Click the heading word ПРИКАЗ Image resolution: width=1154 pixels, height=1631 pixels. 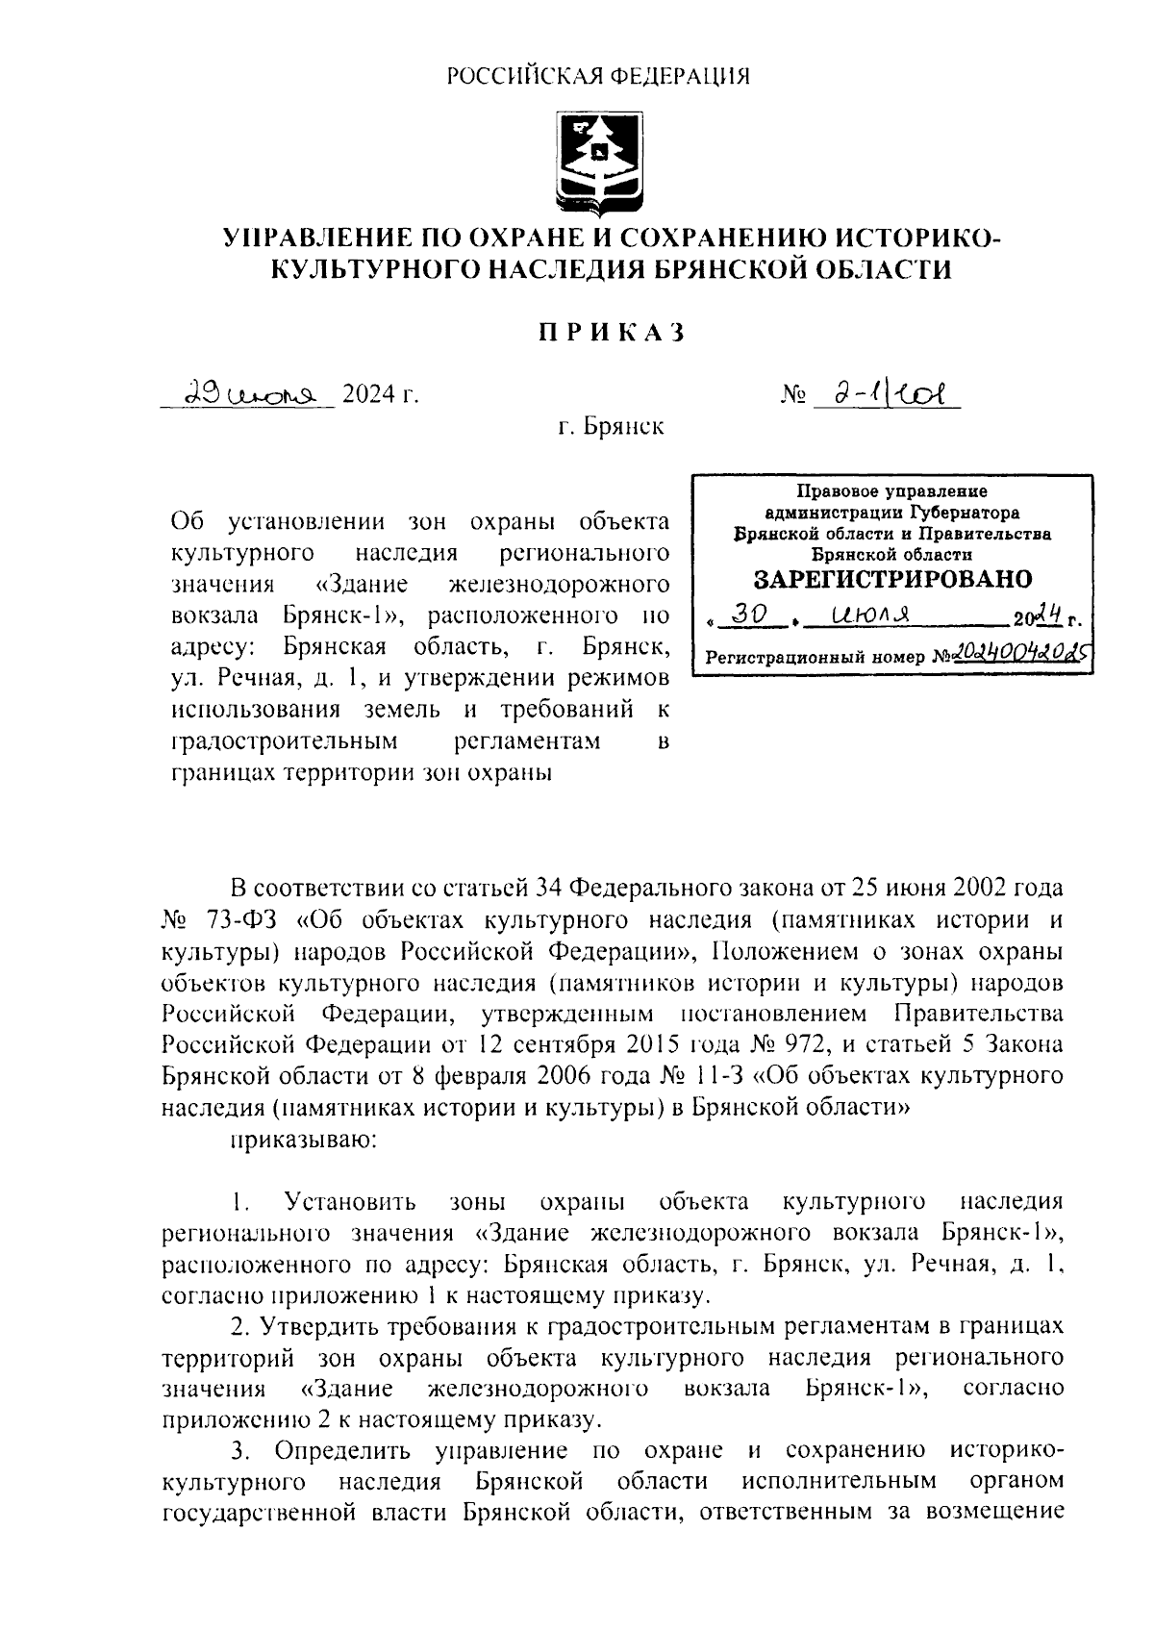click(610, 333)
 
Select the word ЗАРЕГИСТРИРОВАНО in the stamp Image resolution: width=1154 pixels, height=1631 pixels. click(892, 579)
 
